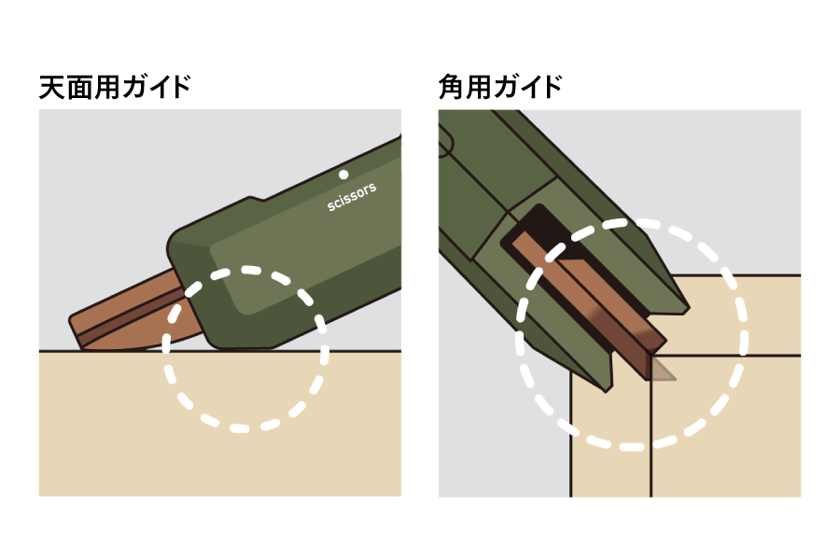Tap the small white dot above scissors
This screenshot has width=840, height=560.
click(x=343, y=175)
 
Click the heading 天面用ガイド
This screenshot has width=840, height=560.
click(x=115, y=88)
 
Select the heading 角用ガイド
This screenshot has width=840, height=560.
click(x=500, y=88)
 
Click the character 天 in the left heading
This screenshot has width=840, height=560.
click(x=51, y=88)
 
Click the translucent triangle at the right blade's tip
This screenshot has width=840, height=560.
click(x=660, y=371)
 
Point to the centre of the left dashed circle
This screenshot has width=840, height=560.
click(x=245, y=349)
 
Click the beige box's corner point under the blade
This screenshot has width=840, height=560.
click(x=651, y=356)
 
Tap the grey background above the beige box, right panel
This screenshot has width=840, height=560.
click(x=747, y=187)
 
